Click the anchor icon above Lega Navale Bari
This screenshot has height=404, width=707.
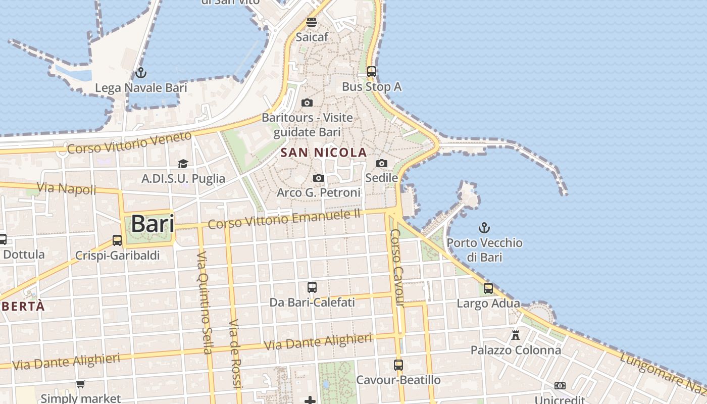pos(141,73)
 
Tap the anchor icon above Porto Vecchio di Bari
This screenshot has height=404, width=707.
pos(484,228)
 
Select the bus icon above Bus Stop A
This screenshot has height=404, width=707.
pos(372,72)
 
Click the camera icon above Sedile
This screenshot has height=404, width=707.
pos(382,163)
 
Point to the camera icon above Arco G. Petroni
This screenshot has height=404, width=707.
pos(318,178)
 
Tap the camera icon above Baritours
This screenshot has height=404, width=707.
pos(307,103)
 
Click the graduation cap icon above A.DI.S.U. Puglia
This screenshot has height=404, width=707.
pos(183,164)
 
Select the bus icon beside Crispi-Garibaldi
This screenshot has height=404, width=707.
pos(117,240)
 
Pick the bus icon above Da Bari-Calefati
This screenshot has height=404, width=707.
pos(312,287)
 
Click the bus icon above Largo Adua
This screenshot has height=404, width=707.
pos(488,288)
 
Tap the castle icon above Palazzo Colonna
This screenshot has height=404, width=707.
pos(516,335)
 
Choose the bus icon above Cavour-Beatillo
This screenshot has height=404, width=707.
pos(398,365)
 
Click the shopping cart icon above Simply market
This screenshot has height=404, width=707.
pos(80,384)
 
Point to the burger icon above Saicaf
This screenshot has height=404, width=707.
pos(312,22)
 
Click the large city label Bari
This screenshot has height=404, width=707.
pos(153,224)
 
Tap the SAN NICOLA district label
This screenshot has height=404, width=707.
pos(324,153)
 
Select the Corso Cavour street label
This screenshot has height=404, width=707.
pos(396,268)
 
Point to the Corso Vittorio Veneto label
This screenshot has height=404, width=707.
pos(129,143)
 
